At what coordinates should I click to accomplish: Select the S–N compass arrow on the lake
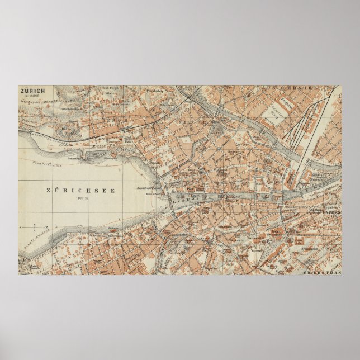34,228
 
